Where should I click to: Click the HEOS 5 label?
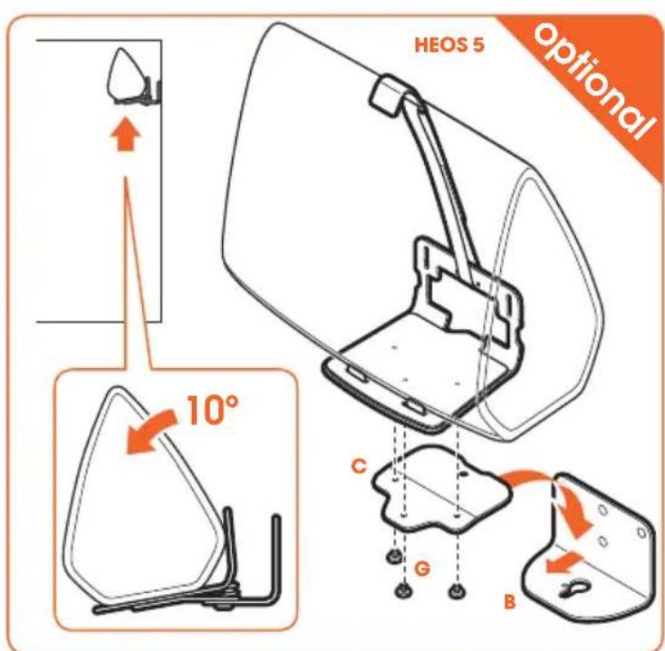pyautogui.click(x=448, y=45)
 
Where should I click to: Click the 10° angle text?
pyautogui.click(x=212, y=410)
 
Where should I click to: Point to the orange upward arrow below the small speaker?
pyautogui.click(x=126, y=136)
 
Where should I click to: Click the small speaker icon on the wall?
pyautogui.click(x=132, y=75)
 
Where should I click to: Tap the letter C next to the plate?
pyautogui.click(x=359, y=466)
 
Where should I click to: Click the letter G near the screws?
pyautogui.click(x=422, y=568)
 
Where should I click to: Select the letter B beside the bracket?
pyautogui.click(x=510, y=602)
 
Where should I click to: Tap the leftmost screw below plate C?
pyautogui.click(x=394, y=558)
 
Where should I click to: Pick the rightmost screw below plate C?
pyautogui.click(x=456, y=590)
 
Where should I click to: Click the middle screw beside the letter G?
pyautogui.click(x=402, y=590)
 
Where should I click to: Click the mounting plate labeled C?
pyautogui.click(x=441, y=488)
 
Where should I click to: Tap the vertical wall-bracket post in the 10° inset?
pyautogui.click(x=276, y=556)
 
